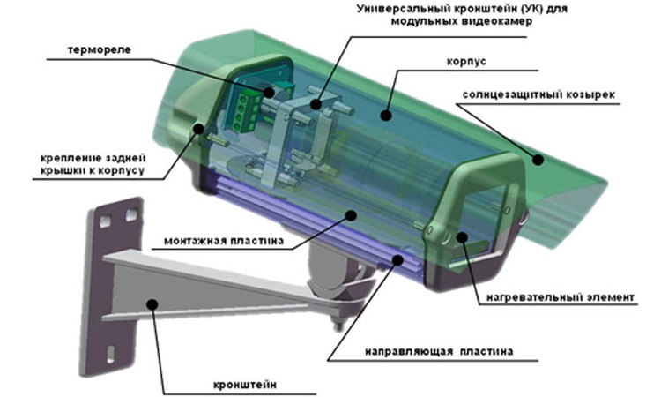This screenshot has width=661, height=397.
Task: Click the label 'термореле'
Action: click(99, 49)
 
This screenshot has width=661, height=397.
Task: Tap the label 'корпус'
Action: click(466, 62)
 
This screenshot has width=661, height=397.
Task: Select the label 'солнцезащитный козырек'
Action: click(538, 94)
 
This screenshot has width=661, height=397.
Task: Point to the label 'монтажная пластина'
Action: click(224, 241)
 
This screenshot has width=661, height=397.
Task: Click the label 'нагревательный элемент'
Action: click(561, 297)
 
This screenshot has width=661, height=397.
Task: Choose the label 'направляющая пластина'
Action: click(439, 351)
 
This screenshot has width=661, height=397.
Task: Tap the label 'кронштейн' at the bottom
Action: click(245, 386)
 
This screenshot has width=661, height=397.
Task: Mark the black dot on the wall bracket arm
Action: click(152, 304)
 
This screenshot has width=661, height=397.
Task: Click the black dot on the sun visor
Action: click(538, 160)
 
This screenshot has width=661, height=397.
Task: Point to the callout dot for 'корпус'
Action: click(386, 115)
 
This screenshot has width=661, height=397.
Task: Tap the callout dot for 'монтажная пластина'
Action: click(351, 215)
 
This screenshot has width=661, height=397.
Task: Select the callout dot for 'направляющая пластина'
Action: click(397, 259)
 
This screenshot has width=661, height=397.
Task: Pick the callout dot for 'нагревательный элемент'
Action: click(463, 237)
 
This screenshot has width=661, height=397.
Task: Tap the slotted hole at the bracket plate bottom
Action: click(111, 354)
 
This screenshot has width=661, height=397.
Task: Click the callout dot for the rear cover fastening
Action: click(198, 128)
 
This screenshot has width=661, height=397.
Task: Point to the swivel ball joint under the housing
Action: click(333, 270)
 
